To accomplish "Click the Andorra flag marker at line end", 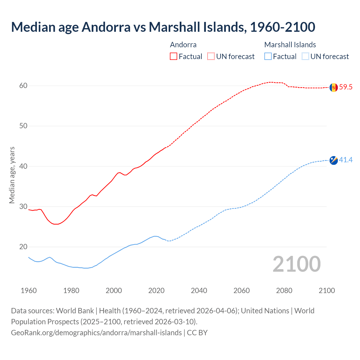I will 334,87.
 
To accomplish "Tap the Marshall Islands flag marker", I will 334,160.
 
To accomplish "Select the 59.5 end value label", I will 346,87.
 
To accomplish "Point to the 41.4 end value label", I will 346,160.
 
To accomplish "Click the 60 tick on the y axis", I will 23,86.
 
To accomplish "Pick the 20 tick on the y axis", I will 23,247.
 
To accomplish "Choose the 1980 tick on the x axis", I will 71,291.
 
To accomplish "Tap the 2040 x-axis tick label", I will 199,291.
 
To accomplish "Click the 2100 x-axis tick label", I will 327,291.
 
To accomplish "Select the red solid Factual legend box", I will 174,57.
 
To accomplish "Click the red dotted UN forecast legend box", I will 211,57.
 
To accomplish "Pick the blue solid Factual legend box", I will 268,57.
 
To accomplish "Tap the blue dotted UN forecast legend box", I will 305,57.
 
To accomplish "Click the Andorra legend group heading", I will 183,45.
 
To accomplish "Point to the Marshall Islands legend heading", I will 290,45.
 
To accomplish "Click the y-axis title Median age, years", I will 12,175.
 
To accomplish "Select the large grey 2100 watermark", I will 296,264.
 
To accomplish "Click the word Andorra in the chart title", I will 106,27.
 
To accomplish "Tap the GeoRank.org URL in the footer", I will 96,333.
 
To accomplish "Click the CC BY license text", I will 197,333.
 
